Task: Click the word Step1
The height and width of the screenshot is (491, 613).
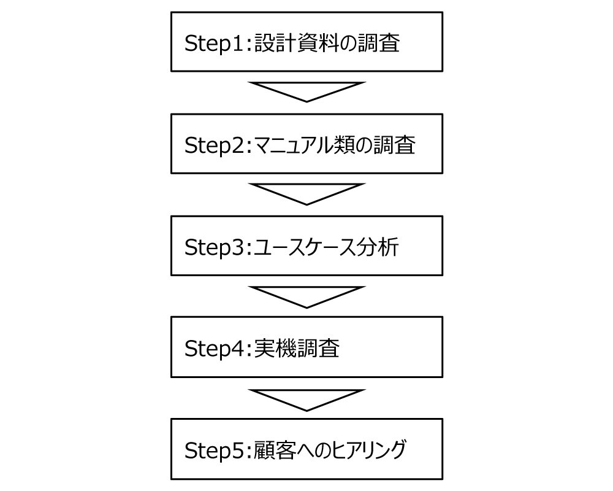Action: pyautogui.click(x=215, y=44)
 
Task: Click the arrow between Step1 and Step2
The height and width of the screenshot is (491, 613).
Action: pyautogui.click(x=306, y=91)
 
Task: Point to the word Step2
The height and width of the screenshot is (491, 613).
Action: pyautogui.click(x=215, y=145)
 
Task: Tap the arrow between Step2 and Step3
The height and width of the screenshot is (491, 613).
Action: pyautogui.click(x=306, y=194)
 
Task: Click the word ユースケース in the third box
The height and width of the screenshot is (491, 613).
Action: pyautogui.click(x=305, y=247)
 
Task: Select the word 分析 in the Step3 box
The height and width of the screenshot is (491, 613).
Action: pyautogui.click(x=377, y=247)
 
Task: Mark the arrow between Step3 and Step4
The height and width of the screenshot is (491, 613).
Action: pyautogui.click(x=306, y=297)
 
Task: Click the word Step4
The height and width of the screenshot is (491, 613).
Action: pyautogui.click(x=215, y=349)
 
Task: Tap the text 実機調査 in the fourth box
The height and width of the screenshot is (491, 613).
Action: pyautogui.click(x=297, y=348)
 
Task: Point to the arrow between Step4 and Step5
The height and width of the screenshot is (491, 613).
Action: pyautogui.click(x=306, y=400)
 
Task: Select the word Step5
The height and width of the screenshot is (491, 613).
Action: pyautogui.click(x=215, y=450)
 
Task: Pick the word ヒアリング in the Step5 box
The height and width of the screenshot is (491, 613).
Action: pyautogui.click(x=369, y=450)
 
